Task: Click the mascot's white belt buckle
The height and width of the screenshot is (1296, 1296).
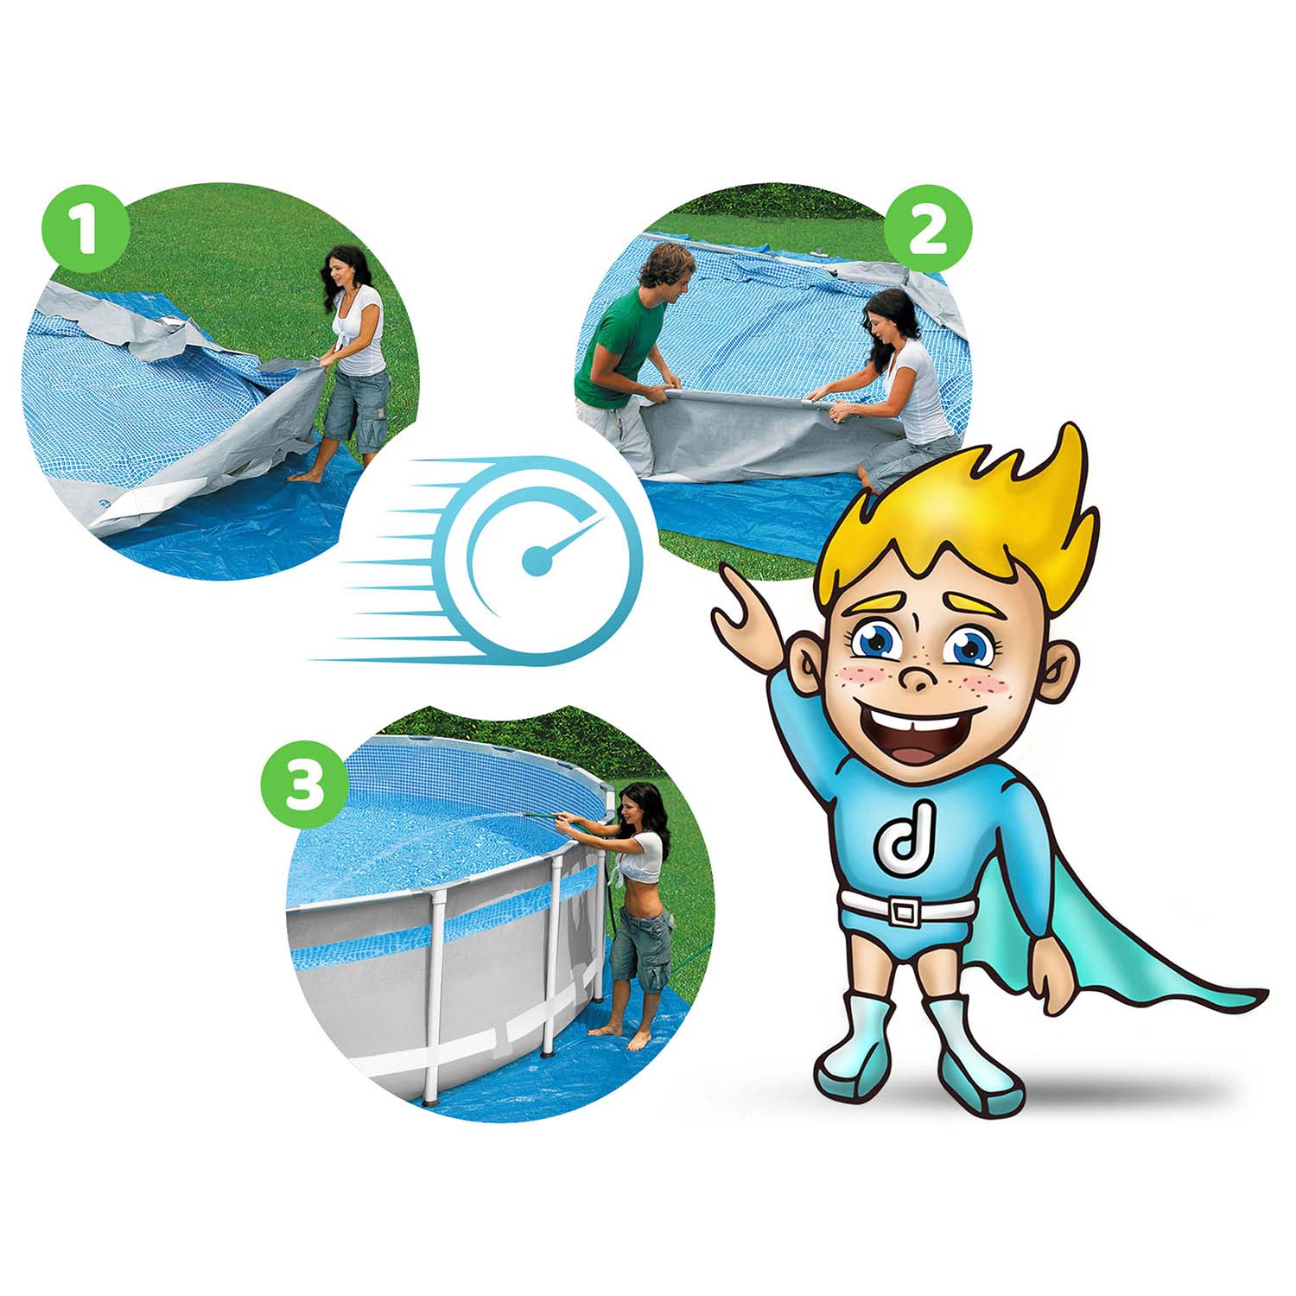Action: (x=905, y=910)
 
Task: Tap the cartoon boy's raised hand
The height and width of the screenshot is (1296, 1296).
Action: (x=745, y=606)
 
